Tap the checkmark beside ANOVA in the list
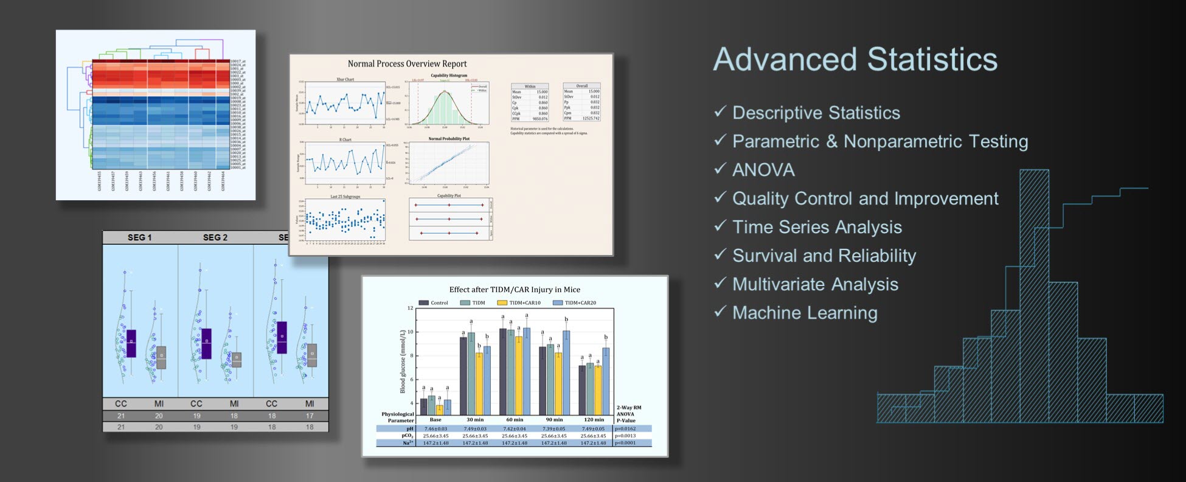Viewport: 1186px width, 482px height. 720,169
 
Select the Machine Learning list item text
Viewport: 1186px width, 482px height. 805,313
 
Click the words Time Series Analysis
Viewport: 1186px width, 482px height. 817,227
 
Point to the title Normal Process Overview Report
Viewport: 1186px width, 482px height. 407,63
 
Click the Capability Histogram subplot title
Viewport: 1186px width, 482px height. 449,75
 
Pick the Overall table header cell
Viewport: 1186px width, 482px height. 581,86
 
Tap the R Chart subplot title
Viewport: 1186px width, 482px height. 345,140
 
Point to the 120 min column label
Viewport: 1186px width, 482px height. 594,419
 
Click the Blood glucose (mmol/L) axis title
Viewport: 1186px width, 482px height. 402,361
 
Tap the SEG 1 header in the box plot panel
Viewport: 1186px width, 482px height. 140,237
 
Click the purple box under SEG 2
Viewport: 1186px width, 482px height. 206,343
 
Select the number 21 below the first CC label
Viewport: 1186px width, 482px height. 121,416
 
